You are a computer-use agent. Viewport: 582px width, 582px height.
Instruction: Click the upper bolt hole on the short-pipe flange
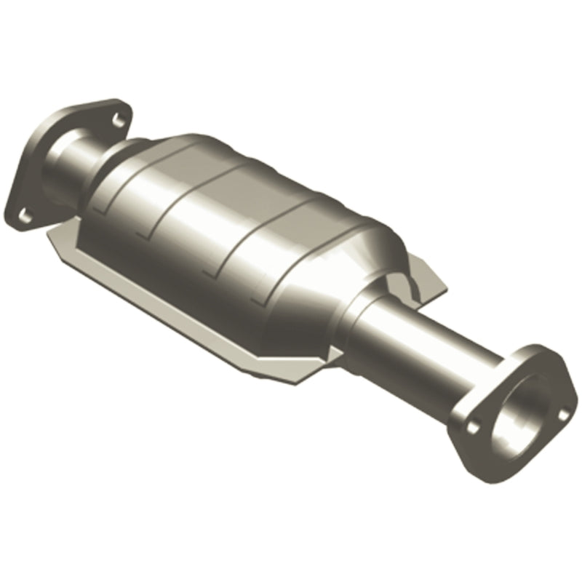(x=116, y=114)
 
